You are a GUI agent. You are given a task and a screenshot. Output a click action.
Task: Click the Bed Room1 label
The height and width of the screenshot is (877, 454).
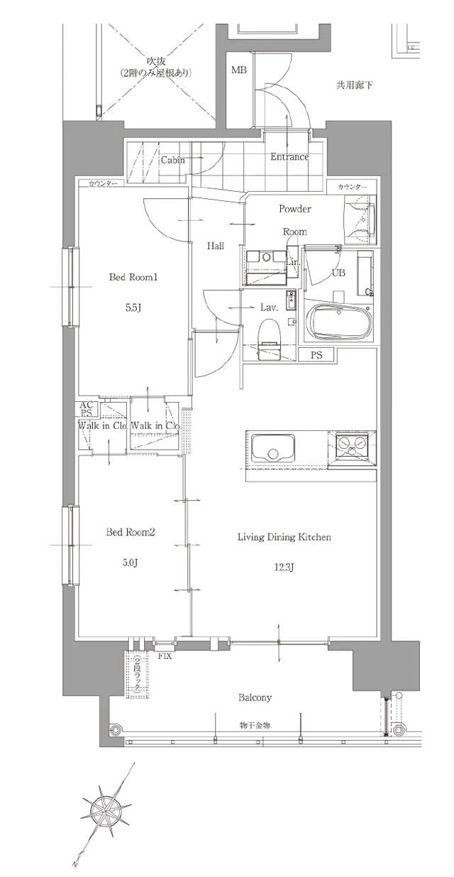(132, 278)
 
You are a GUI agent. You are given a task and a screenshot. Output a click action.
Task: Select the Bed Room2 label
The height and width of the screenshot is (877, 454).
(131, 532)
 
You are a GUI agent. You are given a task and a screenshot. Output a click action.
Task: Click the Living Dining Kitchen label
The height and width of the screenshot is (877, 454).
(284, 538)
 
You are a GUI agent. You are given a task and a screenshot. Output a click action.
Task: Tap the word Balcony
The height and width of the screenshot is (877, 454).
(255, 697)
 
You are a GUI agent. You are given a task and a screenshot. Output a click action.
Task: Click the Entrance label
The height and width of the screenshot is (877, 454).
(289, 157)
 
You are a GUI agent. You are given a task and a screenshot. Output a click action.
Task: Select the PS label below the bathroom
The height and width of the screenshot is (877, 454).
(316, 354)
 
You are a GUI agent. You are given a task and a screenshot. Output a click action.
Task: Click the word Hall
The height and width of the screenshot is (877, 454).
(216, 246)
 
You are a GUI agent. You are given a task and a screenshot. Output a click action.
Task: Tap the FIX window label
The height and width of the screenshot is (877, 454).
(165, 655)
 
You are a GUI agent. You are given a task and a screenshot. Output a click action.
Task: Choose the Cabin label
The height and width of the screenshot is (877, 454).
(172, 160)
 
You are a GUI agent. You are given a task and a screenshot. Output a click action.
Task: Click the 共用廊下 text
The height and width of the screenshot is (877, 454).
(354, 86)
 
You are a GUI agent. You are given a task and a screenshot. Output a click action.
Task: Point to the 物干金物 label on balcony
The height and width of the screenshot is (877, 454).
(255, 725)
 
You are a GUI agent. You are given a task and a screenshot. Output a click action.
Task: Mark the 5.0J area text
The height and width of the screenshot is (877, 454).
(131, 562)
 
